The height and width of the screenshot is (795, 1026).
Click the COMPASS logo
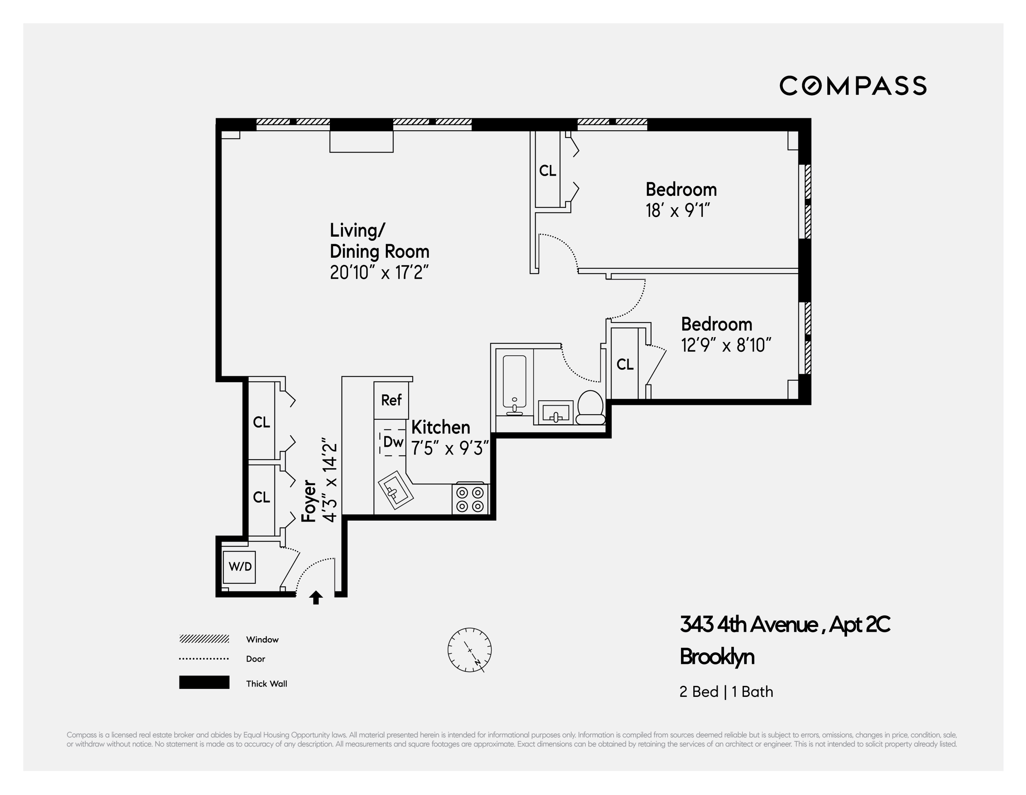[x=853, y=86]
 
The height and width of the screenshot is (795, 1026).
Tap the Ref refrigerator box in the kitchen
[x=391, y=400]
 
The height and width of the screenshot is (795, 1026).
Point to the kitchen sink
[x=396, y=492]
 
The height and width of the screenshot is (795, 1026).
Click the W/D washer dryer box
[x=240, y=567]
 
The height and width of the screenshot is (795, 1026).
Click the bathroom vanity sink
[x=555, y=413]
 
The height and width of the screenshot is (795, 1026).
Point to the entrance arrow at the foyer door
[x=316, y=598]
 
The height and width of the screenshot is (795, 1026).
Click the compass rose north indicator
[x=469, y=650]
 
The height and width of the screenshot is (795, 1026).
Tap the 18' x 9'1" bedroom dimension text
[x=677, y=211]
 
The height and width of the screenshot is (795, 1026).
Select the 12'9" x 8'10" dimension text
[x=726, y=346]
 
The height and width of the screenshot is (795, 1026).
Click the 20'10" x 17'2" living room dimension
[x=379, y=273]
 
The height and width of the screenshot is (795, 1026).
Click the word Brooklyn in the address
[x=717, y=657]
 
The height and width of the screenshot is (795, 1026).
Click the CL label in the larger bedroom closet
[x=547, y=171]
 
